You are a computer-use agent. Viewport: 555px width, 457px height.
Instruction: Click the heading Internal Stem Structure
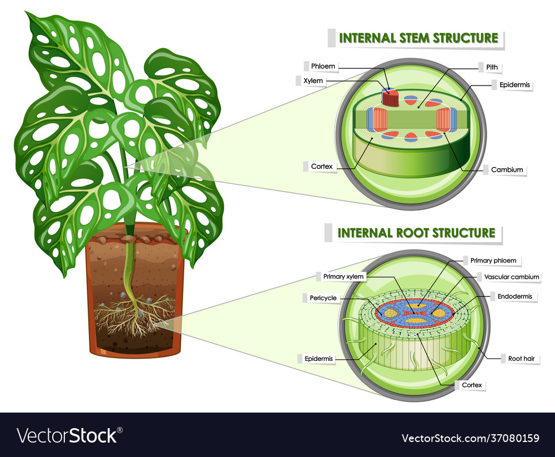(418, 38)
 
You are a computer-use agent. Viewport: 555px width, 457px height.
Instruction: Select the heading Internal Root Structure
(416, 233)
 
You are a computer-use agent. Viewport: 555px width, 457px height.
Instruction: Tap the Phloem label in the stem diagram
(322, 66)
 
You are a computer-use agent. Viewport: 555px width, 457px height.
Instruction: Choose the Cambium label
(507, 170)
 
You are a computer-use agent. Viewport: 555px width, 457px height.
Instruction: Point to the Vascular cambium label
(512, 277)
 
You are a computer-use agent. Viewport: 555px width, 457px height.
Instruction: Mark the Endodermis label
(514, 297)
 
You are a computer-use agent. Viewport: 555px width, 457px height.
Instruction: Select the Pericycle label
(323, 298)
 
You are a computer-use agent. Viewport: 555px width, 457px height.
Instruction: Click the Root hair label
(521, 359)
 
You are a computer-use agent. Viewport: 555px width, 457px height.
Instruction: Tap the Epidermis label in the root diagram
(319, 359)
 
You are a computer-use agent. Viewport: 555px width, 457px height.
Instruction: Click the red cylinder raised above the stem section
(390, 99)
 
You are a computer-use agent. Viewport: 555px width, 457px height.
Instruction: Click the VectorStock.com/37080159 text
(469, 438)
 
